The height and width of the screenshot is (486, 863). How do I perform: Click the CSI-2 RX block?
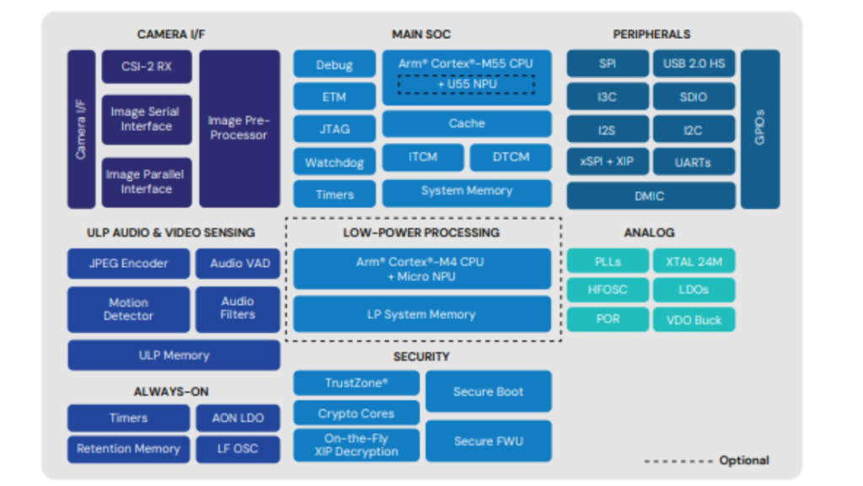(147, 66)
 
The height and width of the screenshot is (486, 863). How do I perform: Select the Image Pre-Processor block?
(239, 128)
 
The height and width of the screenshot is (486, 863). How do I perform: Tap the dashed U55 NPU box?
(466, 84)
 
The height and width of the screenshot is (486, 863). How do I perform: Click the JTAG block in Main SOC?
(335, 129)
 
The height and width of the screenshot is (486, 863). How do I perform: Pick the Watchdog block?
(335, 162)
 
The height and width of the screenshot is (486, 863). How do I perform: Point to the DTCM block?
(511, 157)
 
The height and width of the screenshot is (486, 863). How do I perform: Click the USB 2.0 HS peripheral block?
(693, 64)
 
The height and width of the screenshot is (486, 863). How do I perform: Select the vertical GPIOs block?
(759, 128)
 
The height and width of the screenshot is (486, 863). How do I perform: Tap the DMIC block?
(649, 195)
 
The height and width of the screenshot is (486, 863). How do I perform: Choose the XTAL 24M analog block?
(693, 261)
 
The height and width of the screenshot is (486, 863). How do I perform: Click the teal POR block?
(608, 319)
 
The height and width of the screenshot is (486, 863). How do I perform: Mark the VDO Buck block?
(693, 319)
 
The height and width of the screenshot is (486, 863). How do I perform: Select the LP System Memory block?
(421, 314)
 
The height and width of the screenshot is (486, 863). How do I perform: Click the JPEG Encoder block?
(128, 263)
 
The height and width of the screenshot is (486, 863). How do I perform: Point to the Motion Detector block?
(128, 309)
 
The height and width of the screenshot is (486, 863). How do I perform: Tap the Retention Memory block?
(128, 448)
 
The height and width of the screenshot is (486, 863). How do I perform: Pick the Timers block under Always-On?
(128, 418)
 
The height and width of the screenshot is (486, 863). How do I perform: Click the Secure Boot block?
(488, 392)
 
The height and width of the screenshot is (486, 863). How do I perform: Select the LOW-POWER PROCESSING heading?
(421, 232)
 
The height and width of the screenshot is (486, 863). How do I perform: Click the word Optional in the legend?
(743, 460)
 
